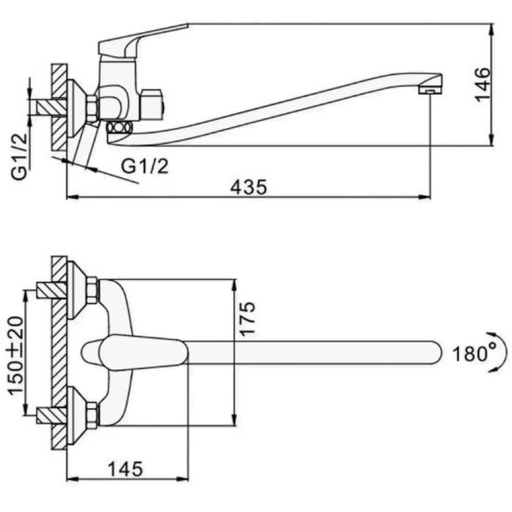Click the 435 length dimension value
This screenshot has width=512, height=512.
248,187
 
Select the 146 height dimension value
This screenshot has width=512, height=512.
481,84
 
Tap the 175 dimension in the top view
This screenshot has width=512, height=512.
249,318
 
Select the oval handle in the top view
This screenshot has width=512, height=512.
134,353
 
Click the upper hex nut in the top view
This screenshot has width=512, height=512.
92,290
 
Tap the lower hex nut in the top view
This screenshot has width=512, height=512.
92,415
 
